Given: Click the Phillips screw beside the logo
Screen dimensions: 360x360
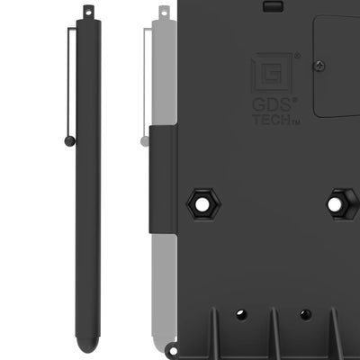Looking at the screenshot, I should (x=319, y=65).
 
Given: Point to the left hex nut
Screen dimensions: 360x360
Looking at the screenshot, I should (x=201, y=204).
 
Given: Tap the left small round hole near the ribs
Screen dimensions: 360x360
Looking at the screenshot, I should (x=240, y=314).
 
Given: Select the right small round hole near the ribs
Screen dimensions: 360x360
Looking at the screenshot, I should (x=306, y=314).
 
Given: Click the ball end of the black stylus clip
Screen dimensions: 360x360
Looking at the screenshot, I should (x=70, y=140).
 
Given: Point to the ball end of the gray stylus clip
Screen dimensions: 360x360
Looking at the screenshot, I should (x=144, y=140).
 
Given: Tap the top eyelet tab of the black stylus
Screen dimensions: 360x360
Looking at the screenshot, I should (x=87, y=11).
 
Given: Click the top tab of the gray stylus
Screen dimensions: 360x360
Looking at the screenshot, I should (x=163, y=13).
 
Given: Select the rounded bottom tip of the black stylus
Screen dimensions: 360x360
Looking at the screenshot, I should (x=87, y=345).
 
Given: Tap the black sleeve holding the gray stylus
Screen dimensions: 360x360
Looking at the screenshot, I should (x=163, y=180).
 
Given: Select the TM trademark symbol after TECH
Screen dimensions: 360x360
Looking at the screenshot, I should (x=294, y=121).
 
